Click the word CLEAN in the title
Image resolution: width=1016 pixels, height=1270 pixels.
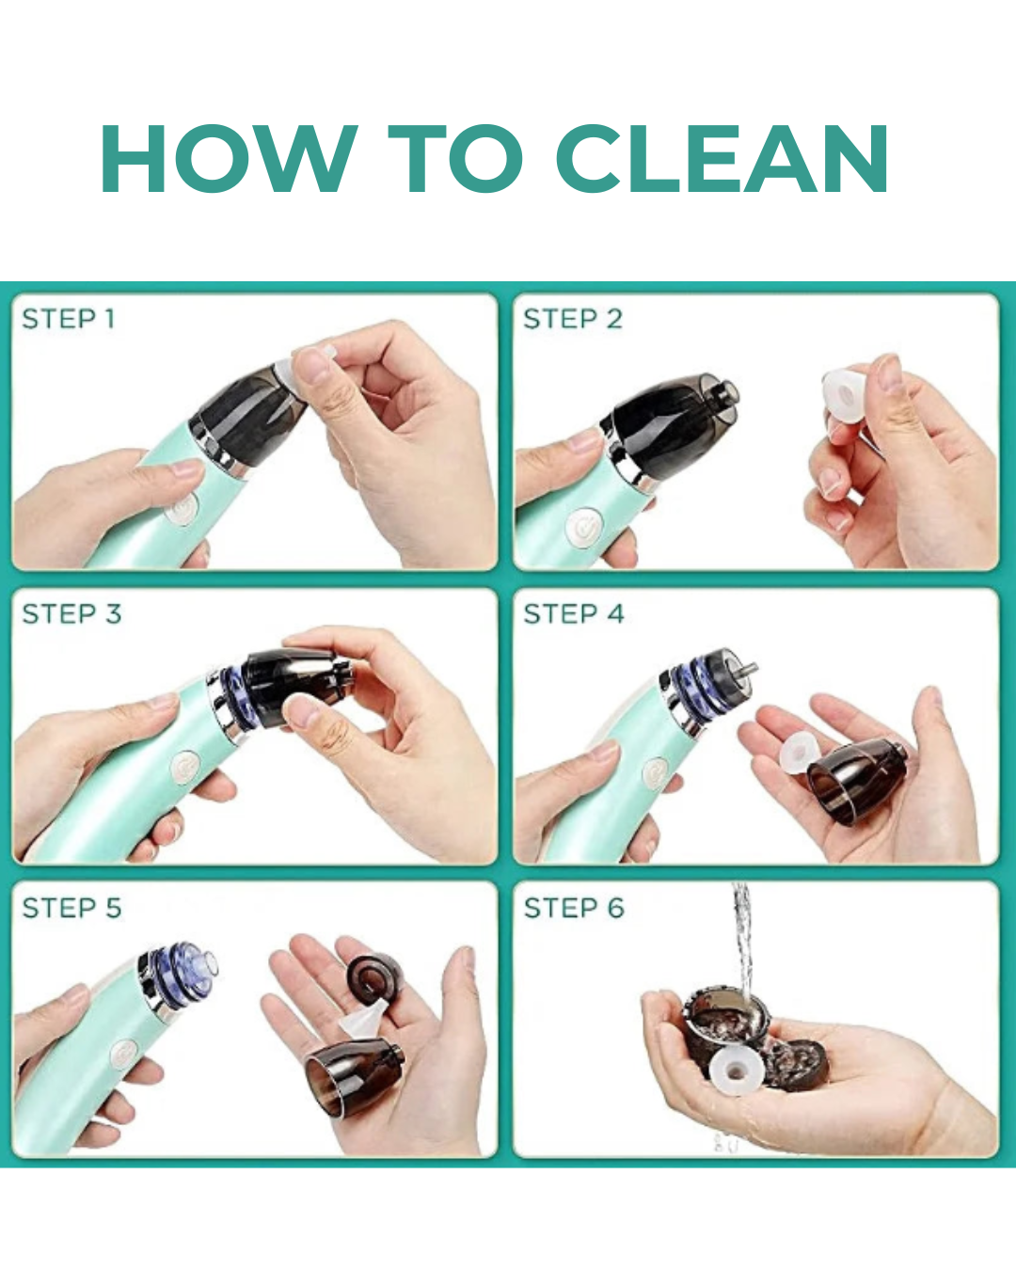point(722,159)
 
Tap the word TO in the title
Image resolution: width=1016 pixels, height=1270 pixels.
point(456,159)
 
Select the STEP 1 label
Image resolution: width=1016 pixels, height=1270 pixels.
point(69,319)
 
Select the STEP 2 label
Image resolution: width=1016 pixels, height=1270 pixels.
point(573,319)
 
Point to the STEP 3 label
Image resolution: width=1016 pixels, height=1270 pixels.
point(71,614)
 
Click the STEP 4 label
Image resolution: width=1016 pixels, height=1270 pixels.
point(574,614)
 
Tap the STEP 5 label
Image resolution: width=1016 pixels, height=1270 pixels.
point(71,909)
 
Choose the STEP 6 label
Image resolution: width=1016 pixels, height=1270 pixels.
point(574,909)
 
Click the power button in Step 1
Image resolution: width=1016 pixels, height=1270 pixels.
point(182,510)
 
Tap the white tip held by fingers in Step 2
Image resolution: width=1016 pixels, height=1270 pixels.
point(844,393)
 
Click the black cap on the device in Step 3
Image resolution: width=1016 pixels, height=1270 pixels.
point(292,685)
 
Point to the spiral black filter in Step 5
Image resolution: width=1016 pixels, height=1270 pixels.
point(373,978)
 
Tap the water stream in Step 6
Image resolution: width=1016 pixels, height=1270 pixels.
point(743,941)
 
